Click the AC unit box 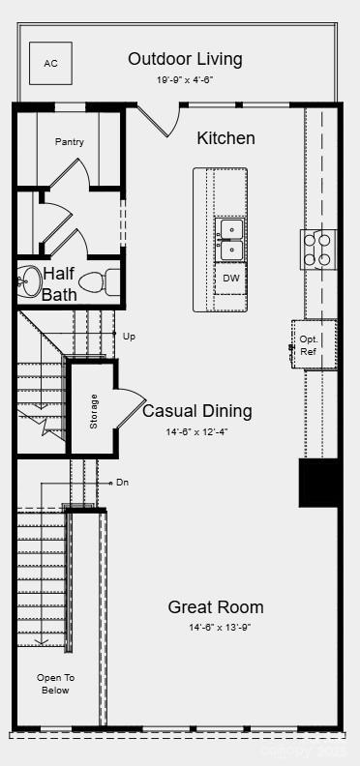point(50,64)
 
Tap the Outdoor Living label point(185,59)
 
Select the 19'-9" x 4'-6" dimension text point(185,81)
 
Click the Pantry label point(69,142)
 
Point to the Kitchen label point(225,138)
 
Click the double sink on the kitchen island point(230,240)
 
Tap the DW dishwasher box point(230,279)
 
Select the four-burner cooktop point(317,249)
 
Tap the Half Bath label point(59,284)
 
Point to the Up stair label point(130,337)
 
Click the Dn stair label point(123,482)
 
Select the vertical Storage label point(94,411)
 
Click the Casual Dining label point(196,411)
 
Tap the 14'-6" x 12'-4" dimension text point(196,432)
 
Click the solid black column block point(318,483)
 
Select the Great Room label point(215,607)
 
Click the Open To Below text point(55,684)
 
